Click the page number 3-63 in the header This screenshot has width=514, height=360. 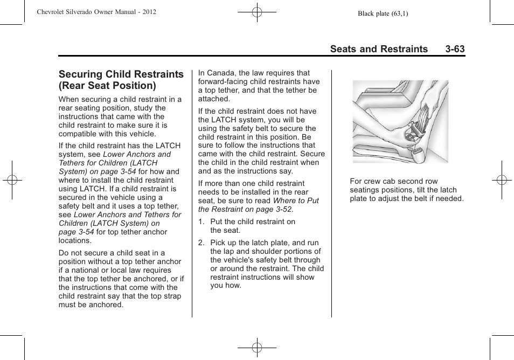pos(455,49)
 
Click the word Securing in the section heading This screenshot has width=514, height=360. pos(81,74)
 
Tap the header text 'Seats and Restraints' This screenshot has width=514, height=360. pos(379,49)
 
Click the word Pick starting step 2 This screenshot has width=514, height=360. pos(218,243)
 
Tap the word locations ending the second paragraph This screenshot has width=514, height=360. pos(75,240)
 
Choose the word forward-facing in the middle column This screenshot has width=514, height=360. pos(224,82)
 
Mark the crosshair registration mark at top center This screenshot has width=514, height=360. pos(257,12)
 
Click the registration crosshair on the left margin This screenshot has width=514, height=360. pos(12,180)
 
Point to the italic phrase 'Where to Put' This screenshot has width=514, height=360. pos(296,200)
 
